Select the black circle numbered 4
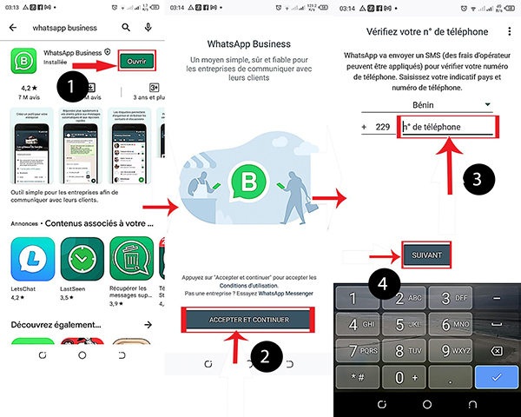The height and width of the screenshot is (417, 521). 382,282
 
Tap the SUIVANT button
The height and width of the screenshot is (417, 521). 425,256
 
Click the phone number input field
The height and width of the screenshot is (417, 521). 447,127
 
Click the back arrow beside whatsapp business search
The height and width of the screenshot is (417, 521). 13,27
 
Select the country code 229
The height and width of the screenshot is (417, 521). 381,127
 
